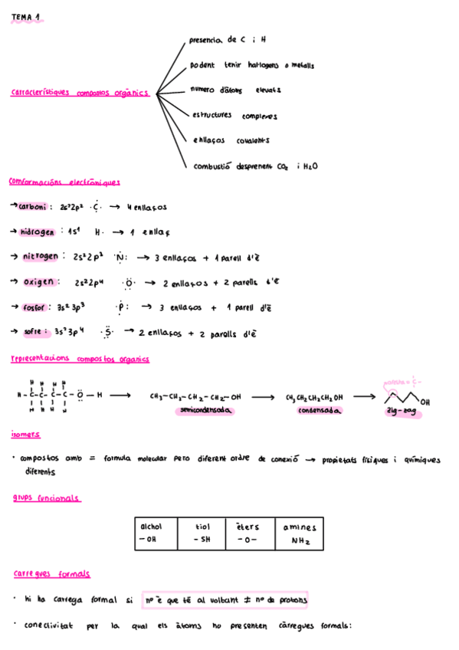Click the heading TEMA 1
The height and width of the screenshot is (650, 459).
[x=25, y=17]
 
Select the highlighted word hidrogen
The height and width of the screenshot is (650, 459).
[x=38, y=231]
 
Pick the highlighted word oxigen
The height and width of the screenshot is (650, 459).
[x=38, y=281]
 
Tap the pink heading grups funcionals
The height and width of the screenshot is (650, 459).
[x=46, y=498]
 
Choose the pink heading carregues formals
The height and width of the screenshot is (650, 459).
[x=51, y=573]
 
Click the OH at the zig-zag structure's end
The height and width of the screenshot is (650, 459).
[x=425, y=402]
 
